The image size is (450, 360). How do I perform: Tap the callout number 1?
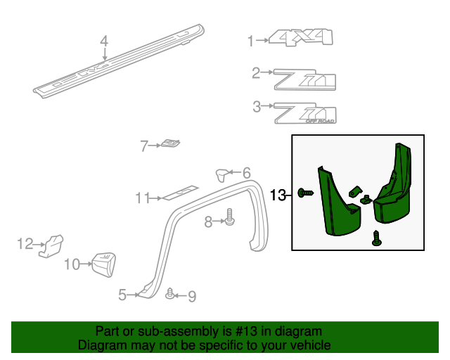250,41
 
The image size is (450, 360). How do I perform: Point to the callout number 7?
144,146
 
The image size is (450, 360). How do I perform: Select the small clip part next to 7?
169,144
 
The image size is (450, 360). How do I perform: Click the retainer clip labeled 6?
222,173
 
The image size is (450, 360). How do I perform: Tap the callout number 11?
143,198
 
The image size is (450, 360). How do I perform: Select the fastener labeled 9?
170,294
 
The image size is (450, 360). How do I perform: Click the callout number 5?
122,295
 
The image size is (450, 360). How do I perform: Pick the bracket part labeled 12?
51,245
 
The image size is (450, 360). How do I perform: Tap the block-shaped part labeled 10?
103,263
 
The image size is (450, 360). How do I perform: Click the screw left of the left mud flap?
305,193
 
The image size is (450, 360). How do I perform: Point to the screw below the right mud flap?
375,240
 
